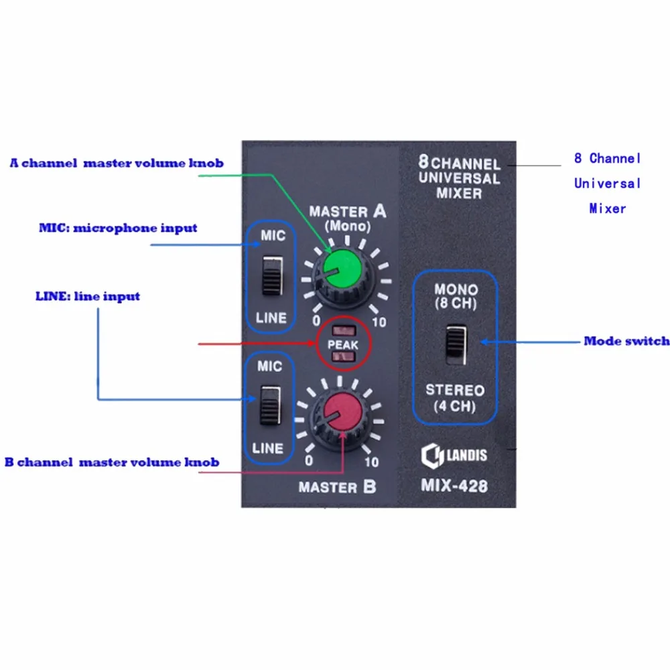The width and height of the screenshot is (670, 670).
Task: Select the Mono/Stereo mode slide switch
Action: click(x=456, y=344)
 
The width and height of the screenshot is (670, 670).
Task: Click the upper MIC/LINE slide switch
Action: click(x=272, y=275)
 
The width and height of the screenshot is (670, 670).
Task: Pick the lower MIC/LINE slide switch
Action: click(x=271, y=405)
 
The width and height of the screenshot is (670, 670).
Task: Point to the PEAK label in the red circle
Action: click(x=342, y=344)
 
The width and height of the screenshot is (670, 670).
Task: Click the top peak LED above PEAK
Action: click(x=344, y=331)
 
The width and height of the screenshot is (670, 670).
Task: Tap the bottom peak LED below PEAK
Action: click(x=344, y=356)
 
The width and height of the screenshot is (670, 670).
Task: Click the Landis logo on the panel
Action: click(x=454, y=456)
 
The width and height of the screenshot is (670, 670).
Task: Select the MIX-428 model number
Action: click(x=454, y=486)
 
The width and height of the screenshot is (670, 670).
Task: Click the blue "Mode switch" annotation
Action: click(x=626, y=341)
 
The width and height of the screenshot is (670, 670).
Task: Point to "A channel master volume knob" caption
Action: click(x=117, y=163)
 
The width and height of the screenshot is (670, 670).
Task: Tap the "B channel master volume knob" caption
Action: click(x=112, y=462)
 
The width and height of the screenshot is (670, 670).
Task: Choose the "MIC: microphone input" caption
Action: click(x=118, y=228)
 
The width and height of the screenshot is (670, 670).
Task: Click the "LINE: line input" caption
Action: click(x=88, y=297)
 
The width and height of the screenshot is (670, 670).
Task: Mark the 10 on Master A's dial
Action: click(x=379, y=322)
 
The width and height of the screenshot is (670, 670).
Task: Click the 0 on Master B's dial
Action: click(x=308, y=460)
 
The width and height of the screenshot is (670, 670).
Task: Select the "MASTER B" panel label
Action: click(x=337, y=487)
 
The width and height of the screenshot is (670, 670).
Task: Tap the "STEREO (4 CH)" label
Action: click(x=455, y=398)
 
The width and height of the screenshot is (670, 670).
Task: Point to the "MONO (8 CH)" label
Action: click(x=456, y=296)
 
